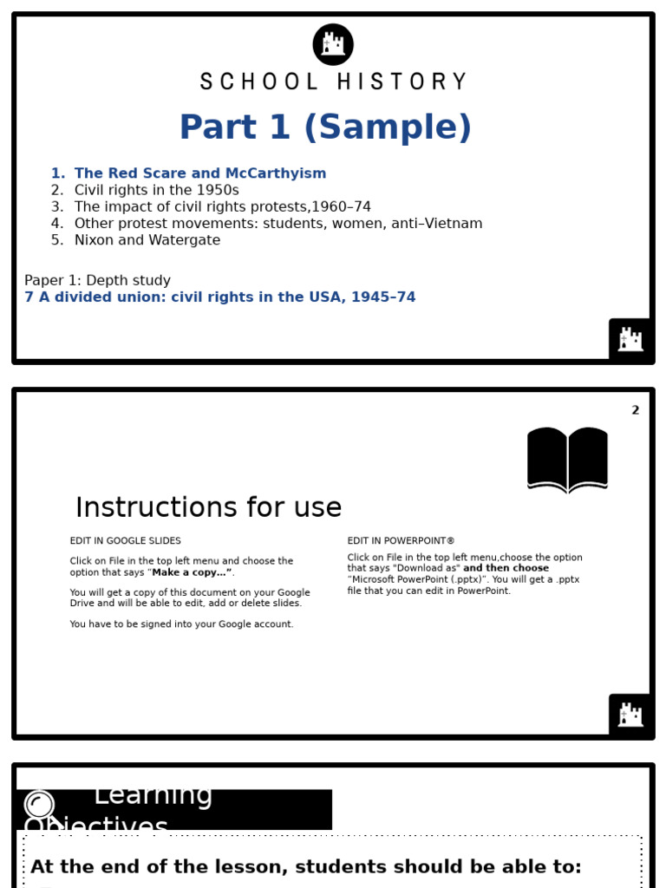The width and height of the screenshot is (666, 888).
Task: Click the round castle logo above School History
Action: click(x=333, y=44)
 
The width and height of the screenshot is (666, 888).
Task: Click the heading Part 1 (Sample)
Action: click(x=325, y=128)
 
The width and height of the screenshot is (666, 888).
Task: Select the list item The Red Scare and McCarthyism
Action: click(x=200, y=173)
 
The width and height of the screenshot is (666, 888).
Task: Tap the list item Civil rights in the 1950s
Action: click(x=156, y=190)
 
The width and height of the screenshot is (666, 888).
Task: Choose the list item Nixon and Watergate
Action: click(x=147, y=240)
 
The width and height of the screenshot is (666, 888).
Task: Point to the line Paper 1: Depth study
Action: click(x=97, y=281)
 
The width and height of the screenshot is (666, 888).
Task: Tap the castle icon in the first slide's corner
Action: click(x=630, y=339)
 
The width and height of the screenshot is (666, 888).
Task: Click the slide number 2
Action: click(x=635, y=411)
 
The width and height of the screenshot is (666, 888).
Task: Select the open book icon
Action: click(x=567, y=460)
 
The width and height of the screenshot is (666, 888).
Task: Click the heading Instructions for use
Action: click(x=208, y=508)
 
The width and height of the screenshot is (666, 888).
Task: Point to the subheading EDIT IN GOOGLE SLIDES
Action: click(x=126, y=541)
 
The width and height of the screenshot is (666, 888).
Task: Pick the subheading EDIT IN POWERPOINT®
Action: click(x=401, y=541)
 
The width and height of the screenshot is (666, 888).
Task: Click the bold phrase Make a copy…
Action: click(x=192, y=573)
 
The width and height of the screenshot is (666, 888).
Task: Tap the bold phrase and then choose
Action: click(x=506, y=569)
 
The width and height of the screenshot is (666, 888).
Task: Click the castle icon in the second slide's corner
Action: click(x=630, y=715)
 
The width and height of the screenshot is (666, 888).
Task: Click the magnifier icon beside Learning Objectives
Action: click(x=40, y=805)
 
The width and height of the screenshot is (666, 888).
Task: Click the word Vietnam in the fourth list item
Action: click(x=454, y=224)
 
